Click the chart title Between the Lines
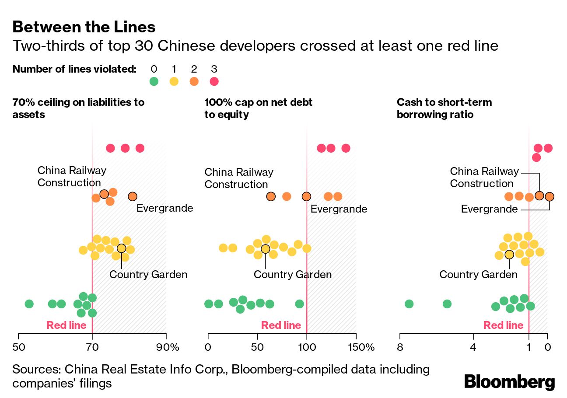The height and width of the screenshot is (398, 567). tap(84, 27)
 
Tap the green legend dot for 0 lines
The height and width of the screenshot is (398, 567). tap(154, 81)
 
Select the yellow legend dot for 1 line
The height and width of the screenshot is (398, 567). tap(174, 81)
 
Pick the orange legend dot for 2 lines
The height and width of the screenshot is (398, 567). tap(194, 81)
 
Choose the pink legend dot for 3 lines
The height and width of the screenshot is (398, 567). tap(214, 81)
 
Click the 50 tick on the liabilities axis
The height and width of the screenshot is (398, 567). tap(18, 348)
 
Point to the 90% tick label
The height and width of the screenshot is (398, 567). tap(168, 348)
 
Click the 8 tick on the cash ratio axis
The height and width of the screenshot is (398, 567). tap(400, 348)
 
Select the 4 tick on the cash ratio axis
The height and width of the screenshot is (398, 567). tap(473, 348)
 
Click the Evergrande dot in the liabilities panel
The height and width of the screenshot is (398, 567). tap(133, 197)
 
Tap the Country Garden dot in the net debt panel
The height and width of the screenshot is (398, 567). tap(265, 249)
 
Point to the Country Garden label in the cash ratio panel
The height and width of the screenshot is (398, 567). tap(478, 275)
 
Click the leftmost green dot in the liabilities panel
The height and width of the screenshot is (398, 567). tap(29, 304)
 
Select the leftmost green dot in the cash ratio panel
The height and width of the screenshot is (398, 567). tap(409, 304)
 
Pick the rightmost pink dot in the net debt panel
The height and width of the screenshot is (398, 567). tap(346, 148)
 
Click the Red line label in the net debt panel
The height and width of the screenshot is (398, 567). tap(281, 325)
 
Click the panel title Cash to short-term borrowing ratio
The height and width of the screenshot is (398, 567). tap(444, 108)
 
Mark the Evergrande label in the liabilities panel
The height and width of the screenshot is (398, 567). tap(164, 208)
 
